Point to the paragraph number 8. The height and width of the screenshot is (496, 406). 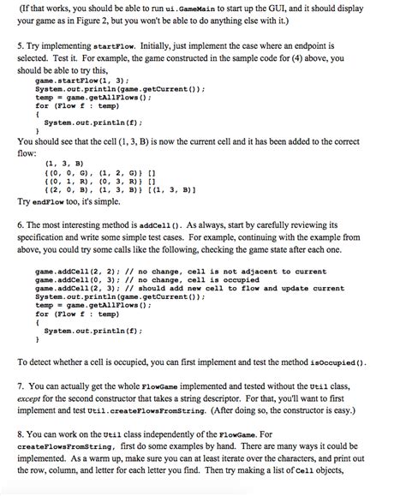click(21, 446)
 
